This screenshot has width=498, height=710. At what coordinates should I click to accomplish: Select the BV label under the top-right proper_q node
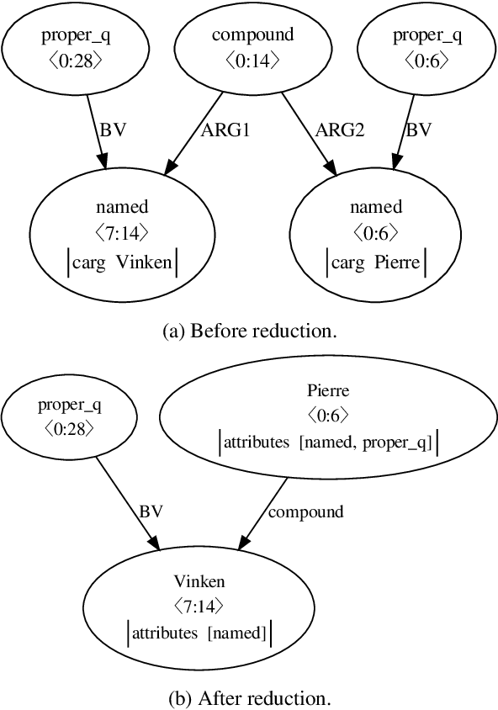tap(418, 130)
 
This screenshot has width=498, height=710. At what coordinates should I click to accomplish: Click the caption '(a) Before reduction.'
tap(249, 331)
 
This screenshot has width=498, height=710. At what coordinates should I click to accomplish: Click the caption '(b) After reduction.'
tap(249, 697)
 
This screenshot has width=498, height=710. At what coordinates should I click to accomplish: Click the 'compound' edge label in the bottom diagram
tap(306, 511)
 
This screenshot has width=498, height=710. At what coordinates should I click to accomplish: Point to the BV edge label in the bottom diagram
tap(151, 511)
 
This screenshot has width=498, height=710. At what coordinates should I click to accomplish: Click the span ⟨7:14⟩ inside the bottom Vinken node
tap(199, 604)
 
